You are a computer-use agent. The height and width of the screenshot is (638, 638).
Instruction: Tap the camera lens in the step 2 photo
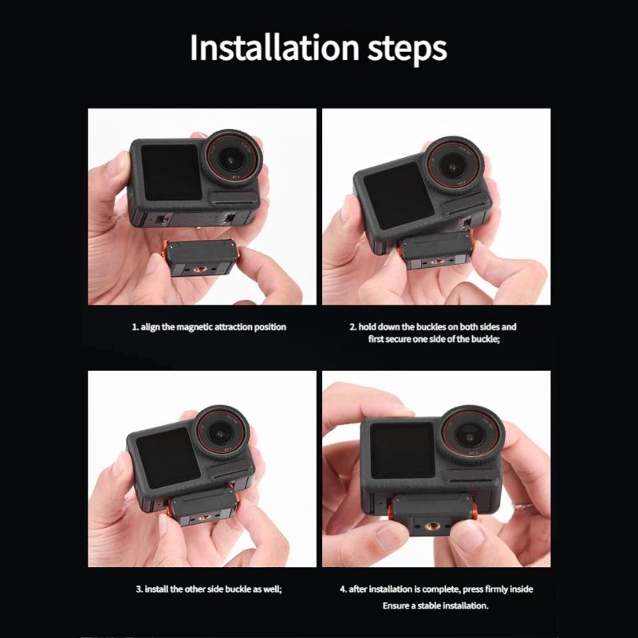[455, 163]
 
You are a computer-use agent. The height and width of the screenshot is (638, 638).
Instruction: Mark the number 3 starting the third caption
[137, 589]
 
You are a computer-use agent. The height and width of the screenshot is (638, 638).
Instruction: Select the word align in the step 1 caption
[150, 327]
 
